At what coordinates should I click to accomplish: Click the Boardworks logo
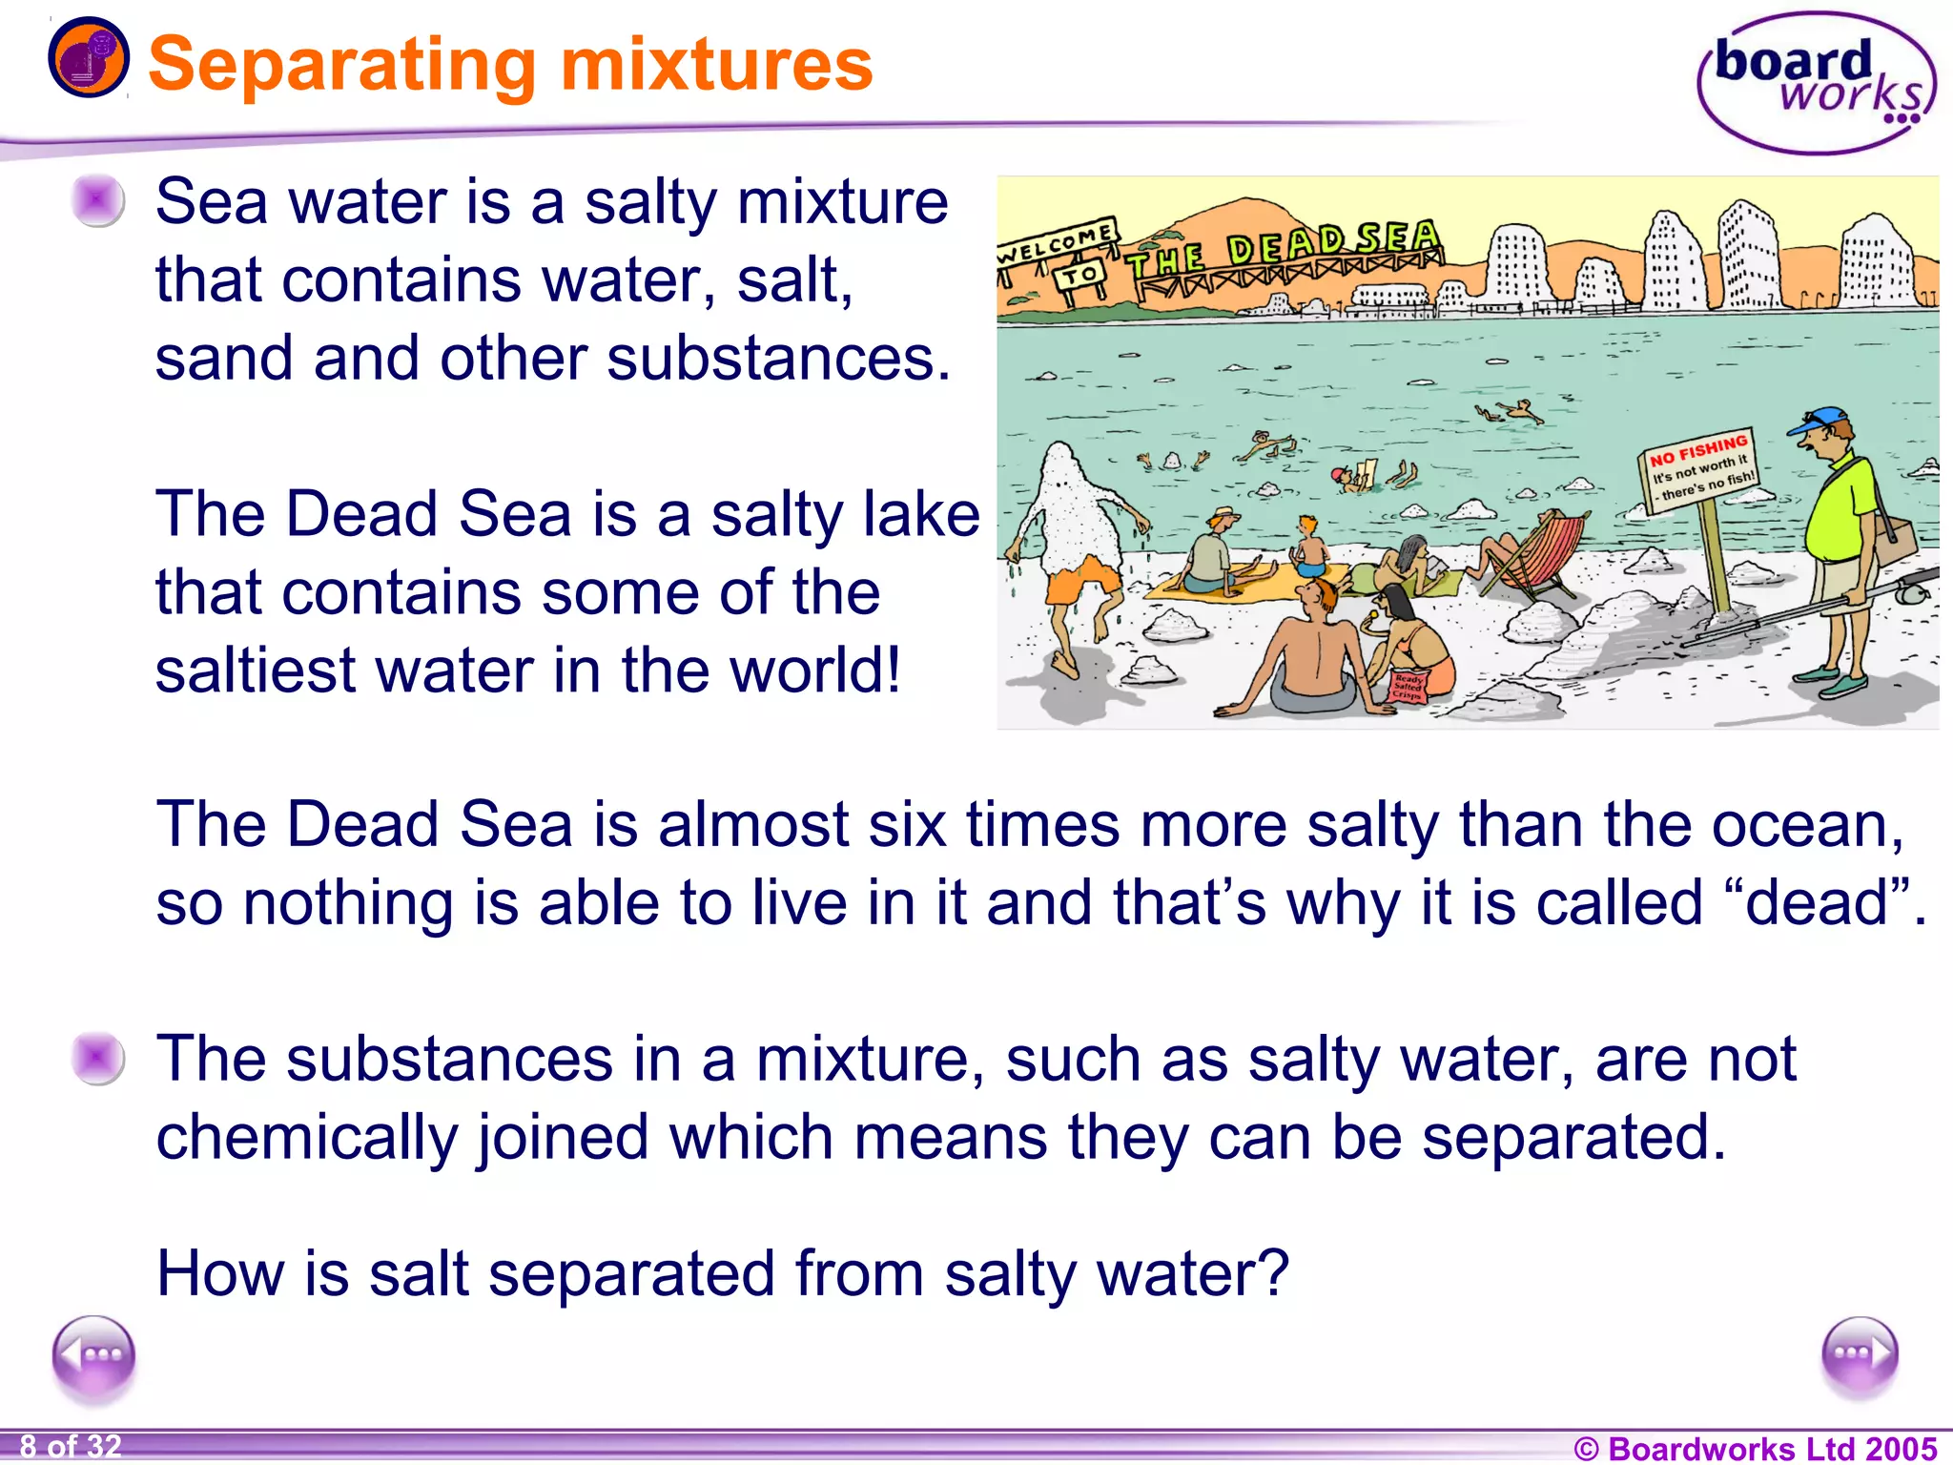pyautogui.click(x=1816, y=84)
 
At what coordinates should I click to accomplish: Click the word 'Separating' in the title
pyautogui.click(x=343, y=65)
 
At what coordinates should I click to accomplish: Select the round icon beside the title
pyautogui.click(x=88, y=57)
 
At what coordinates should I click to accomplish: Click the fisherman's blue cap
pyautogui.click(x=1822, y=420)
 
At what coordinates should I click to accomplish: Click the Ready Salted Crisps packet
pyautogui.click(x=1408, y=684)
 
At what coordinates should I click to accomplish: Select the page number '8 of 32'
pyautogui.click(x=71, y=1447)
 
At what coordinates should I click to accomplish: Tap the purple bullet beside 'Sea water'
pyautogui.click(x=97, y=201)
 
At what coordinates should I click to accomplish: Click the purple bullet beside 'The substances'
pyautogui.click(x=97, y=1059)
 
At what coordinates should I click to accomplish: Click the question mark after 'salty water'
pyautogui.click(x=1274, y=1272)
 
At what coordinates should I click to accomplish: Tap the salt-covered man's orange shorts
pyautogui.click(x=1081, y=577)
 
